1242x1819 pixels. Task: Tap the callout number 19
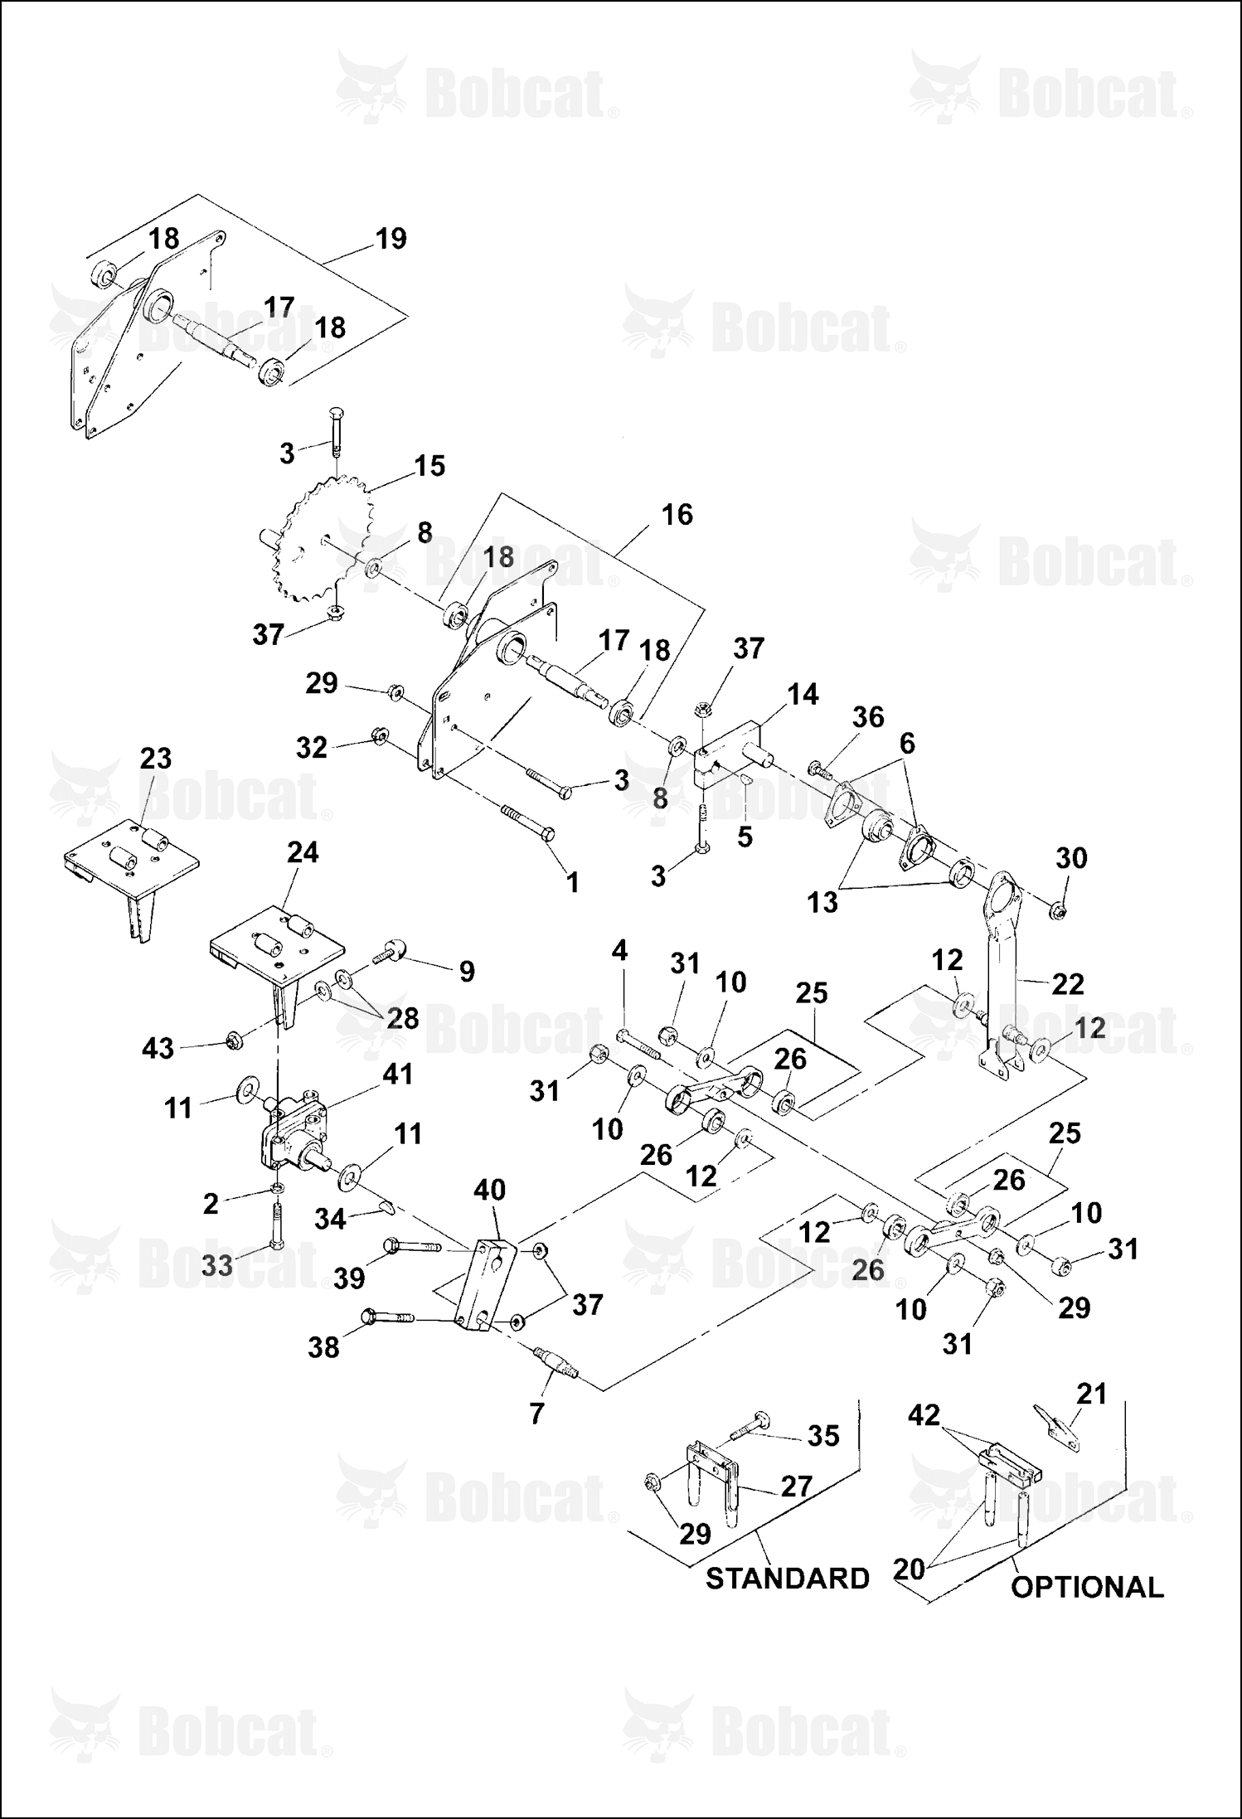click(391, 239)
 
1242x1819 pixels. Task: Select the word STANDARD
click(787, 1578)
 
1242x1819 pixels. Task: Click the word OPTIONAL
click(1087, 1587)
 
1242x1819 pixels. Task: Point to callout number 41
click(397, 1074)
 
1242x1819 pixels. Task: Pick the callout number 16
click(677, 515)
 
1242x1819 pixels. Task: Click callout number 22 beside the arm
click(1067, 984)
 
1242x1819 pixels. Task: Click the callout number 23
click(155, 758)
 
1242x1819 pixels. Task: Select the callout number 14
click(802, 694)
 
